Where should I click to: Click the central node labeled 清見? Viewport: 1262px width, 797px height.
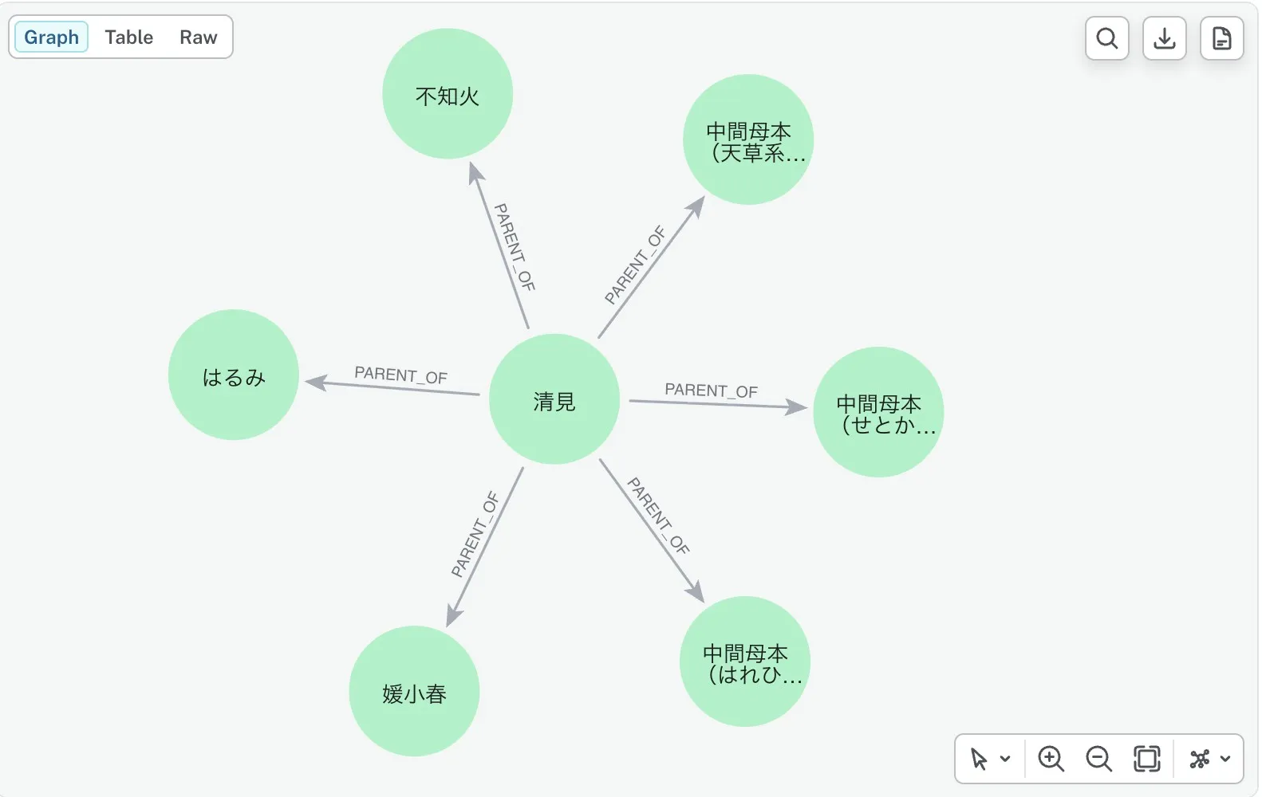(554, 399)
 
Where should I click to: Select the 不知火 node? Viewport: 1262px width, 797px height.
(448, 93)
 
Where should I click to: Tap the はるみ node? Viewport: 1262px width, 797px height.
(233, 375)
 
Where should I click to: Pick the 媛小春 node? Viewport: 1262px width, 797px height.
(414, 691)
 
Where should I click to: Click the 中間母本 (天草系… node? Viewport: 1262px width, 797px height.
(748, 139)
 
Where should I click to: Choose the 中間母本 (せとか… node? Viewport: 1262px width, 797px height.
(878, 411)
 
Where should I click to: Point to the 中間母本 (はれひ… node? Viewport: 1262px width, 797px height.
(745, 661)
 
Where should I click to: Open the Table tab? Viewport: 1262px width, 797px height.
(129, 37)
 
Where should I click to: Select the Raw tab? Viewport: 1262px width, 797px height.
(199, 37)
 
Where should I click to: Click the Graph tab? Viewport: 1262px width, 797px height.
(51, 37)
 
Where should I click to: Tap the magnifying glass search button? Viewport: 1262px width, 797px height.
(1106, 38)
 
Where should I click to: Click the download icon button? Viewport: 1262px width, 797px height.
(1164, 38)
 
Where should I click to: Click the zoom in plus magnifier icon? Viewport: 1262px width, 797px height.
(1051, 758)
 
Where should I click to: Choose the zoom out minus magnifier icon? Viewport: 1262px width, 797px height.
(1098, 758)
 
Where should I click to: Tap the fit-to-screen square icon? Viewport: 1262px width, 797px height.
(1146, 758)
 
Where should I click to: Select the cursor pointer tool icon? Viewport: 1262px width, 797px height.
(979, 759)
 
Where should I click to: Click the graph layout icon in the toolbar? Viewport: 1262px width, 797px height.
(1200, 758)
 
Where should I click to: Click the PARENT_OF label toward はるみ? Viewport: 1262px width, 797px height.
(400, 375)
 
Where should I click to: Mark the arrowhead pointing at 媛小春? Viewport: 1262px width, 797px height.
(454, 614)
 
